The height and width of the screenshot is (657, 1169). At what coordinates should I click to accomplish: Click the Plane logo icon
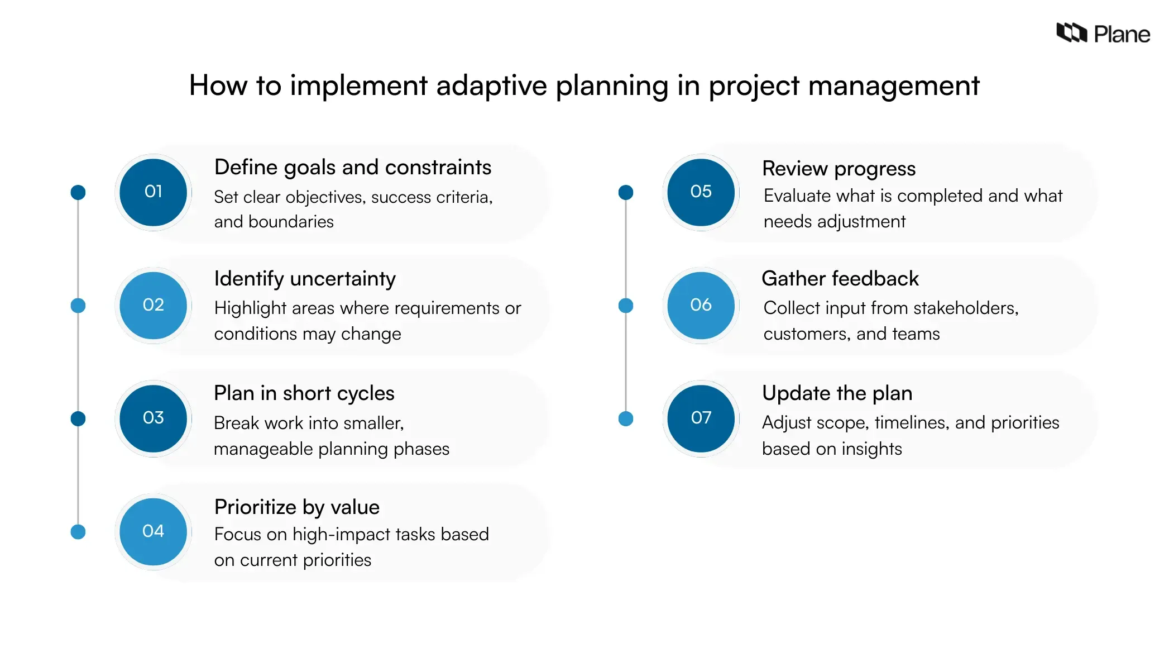click(x=1071, y=33)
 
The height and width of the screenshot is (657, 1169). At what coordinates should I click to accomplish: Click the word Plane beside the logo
click(x=1122, y=35)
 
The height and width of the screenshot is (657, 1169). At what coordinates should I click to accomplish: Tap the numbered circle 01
click(x=153, y=192)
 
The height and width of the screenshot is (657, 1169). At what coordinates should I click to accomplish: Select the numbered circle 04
click(x=153, y=531)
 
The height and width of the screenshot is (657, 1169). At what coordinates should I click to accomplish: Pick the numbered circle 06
click(x=701, y=305)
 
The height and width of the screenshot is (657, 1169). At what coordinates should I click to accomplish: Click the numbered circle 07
click(x=701, y=418)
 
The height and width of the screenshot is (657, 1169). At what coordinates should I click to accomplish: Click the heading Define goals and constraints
click(x=352, y=167)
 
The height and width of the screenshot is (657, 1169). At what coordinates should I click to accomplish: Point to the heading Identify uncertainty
click(x=305, y=278)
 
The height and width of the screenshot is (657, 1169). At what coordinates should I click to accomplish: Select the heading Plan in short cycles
click(x=304, y=393)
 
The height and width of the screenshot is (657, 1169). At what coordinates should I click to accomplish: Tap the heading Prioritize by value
click(x=296, y=507)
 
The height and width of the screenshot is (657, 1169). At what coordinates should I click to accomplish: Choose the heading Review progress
click(x=839, y=169)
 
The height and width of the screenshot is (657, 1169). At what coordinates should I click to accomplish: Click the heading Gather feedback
click(x=840, y=278)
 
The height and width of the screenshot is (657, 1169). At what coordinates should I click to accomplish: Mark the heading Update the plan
click(x=837, y=393)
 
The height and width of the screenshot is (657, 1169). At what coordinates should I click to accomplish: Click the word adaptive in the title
click(x=491, y=85)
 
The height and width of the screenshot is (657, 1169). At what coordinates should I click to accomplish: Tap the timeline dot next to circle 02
click(x=78, y=306)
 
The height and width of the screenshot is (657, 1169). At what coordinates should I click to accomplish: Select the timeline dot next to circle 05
click(x=626, y=193)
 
